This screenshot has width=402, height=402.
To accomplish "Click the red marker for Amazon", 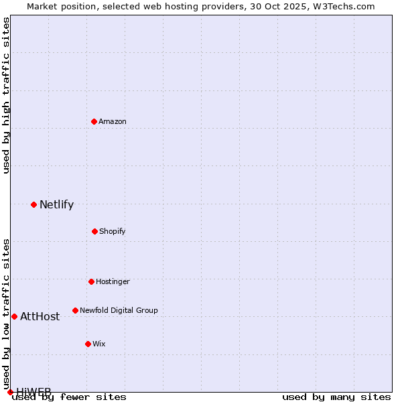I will tap(94, 121).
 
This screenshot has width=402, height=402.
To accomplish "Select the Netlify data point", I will tap(33, 204).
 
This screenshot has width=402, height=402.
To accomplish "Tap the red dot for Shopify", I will tap(94, 231).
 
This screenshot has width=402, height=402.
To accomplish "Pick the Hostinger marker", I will tap(91, 281).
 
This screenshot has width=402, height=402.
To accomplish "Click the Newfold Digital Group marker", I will tap(75, 310).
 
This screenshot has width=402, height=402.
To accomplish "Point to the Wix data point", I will tap(88, 344).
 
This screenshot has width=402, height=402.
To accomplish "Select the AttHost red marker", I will tap(14, 316).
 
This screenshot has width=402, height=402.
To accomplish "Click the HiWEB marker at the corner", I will tap(10, 392).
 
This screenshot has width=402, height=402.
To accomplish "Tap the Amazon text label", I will tap(113, 121).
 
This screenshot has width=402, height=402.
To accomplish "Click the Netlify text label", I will tap(56, 205).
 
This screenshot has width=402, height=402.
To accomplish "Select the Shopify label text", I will tap(113, 231).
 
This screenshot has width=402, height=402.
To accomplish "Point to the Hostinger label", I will tap(113, 281).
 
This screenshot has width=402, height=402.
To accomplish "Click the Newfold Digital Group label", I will tap(119, 310).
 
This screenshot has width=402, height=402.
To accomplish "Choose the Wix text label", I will tap(99, 344).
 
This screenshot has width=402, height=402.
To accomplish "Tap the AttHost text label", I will tap(40, 317).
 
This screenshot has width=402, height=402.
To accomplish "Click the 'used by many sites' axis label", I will tap(336, 397).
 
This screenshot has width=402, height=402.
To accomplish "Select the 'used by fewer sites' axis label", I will tap(70, 397).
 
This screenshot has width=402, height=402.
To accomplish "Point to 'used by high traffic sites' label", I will tap(6, 95).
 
